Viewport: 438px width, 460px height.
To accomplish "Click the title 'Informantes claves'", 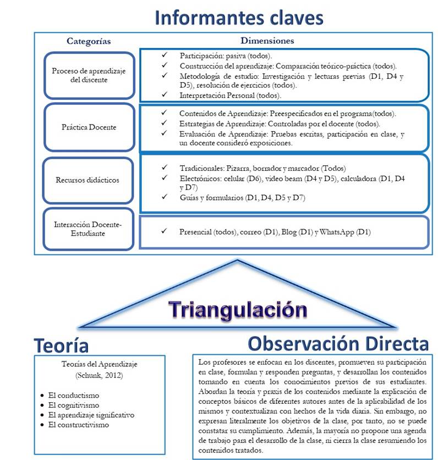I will point(239,17).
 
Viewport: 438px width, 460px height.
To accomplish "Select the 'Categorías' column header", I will point(89,41).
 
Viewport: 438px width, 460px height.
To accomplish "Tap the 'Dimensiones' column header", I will point(267,41).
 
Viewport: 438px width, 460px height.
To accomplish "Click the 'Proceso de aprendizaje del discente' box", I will point(89,75).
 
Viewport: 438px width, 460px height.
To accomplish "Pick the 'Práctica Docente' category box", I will point(89,127).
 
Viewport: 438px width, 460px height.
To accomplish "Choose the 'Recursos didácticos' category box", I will point(89,180).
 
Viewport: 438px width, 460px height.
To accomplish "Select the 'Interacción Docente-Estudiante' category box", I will point(89,229).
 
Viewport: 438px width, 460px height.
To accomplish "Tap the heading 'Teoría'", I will point(61,345).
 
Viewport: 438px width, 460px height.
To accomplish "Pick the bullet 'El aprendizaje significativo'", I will point(91,415).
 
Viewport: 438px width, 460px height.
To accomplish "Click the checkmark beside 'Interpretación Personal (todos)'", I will point(163,95).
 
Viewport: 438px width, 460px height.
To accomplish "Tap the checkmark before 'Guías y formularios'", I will point(163,197).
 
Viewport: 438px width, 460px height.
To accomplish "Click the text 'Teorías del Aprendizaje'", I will point(100,364).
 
